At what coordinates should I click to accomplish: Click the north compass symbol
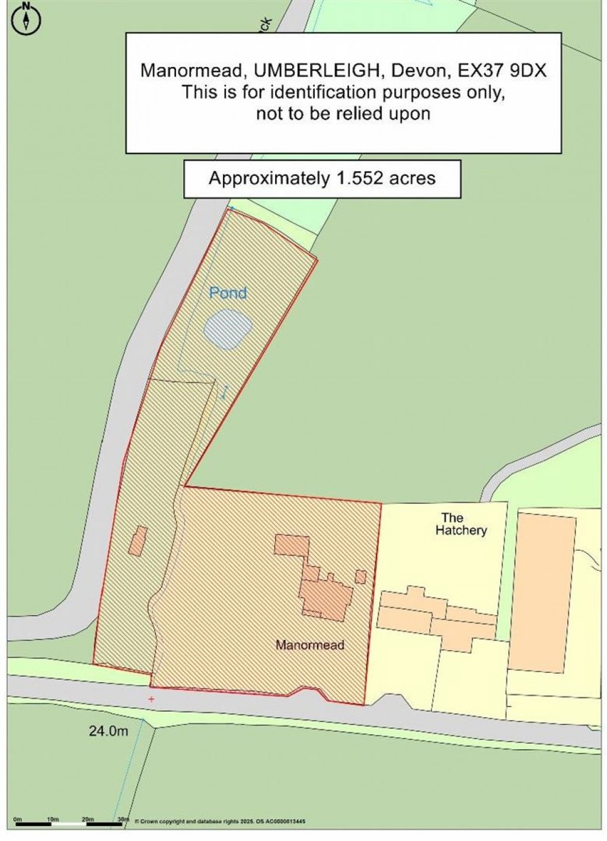(26, 18)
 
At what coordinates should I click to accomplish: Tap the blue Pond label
(228, 293)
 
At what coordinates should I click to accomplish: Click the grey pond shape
(228, 329)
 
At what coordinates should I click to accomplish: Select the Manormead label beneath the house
(310, 645)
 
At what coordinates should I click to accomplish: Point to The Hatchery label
(461, 524)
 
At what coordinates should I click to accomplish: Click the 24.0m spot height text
(108, 731)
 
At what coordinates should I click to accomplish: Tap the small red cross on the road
(152, 699)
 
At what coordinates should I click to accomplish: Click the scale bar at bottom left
(69, 824)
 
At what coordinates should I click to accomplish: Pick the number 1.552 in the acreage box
(362, 178)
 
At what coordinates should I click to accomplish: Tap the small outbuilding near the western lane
(138, 541)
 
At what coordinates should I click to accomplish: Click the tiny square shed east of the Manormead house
(360, 576)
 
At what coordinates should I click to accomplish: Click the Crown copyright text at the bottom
(219, 821)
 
